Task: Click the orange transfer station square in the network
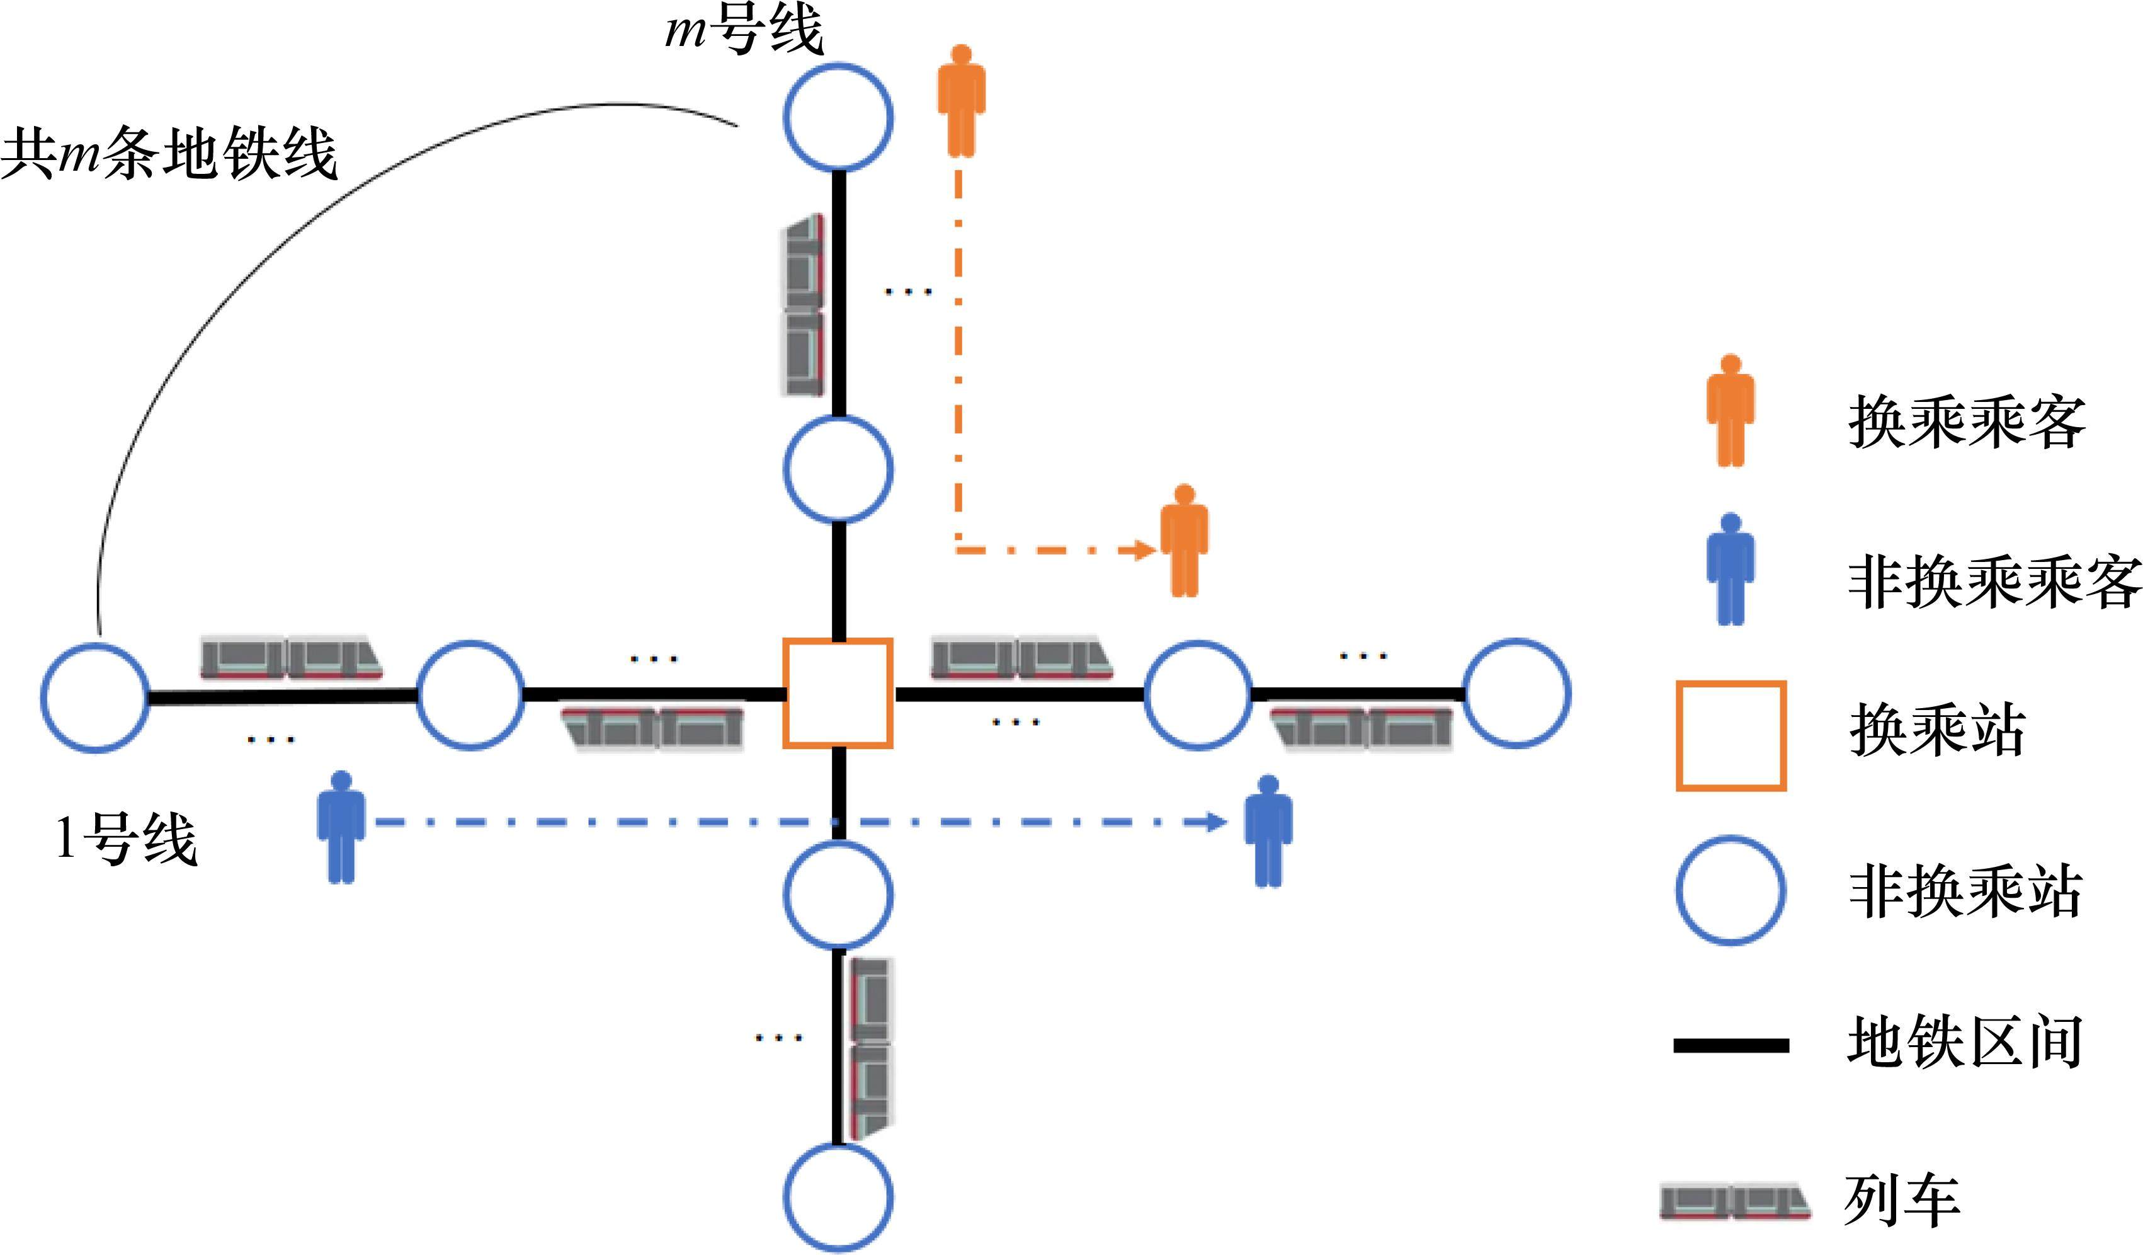click(838, 694)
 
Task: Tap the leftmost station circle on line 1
click(95, 697)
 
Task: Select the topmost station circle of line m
click(838, 117)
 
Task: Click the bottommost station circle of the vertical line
click(838, 1197)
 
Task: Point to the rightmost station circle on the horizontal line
click(1516, 694)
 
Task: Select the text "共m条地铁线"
click(170, 155)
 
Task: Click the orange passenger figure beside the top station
click(961, 100)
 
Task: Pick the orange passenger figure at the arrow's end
click(1185, 541)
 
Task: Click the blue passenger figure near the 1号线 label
click(341, 827)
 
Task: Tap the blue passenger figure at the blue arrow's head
click(1268, 831)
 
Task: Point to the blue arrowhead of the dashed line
click(1218, 822)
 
